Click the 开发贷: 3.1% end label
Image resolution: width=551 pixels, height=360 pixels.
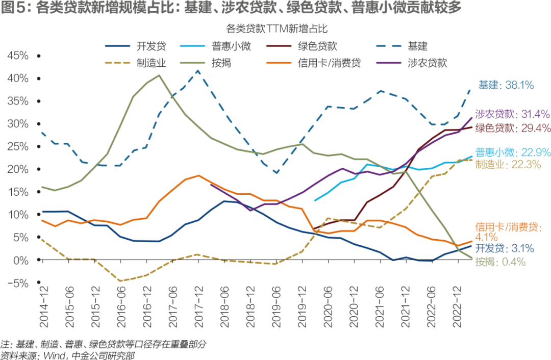504,249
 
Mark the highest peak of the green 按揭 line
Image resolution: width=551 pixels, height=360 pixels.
158,75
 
